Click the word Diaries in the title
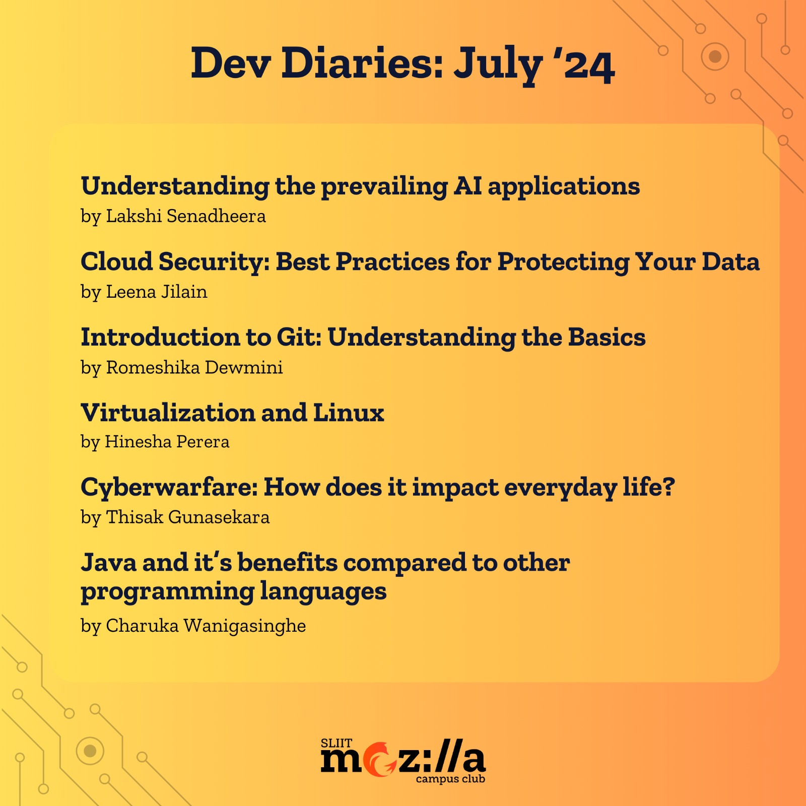(362, 63)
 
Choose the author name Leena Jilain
(157, 291)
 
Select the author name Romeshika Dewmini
(194, 367)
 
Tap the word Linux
(349, 413)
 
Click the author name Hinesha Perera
(167, 441)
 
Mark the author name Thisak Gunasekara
(188, 517)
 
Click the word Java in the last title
(109, 562)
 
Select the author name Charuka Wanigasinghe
(206, 626)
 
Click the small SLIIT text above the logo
(337, 744)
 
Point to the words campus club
(450, 779)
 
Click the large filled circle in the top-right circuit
(715, 56)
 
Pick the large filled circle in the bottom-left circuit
(90, 751)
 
